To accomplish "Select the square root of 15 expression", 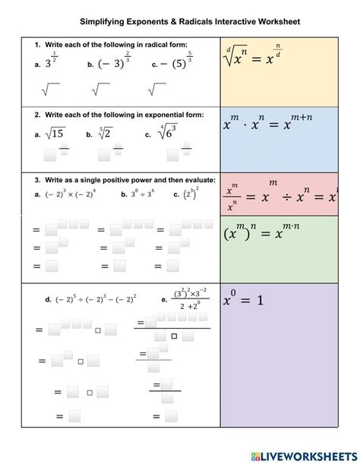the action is [57, 134].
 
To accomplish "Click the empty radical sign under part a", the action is [52, 90].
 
